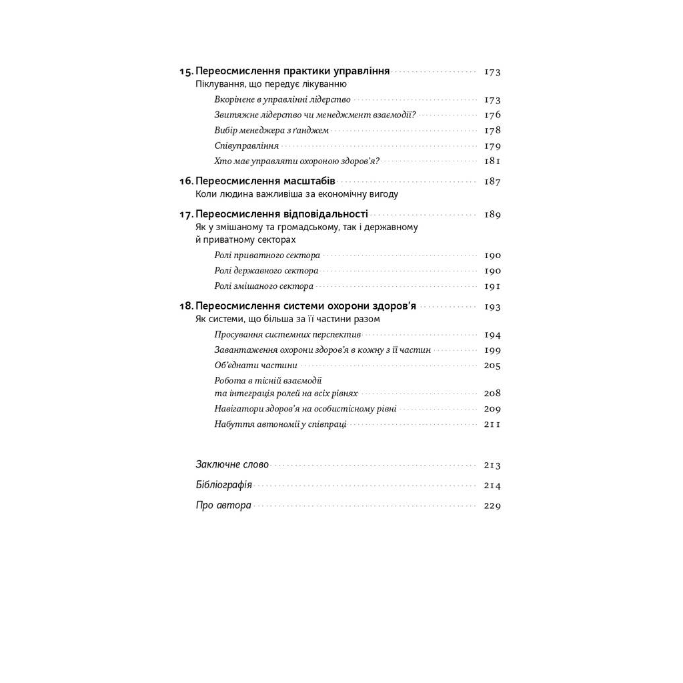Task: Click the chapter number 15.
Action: point(186,71)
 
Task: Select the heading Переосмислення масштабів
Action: point(265,181)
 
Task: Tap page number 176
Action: point(492,115)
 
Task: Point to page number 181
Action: point(492,161)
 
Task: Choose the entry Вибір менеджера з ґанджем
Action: point(271,130)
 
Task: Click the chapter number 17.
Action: point(186,214)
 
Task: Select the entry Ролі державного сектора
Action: point(266,271)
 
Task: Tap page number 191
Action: point(492,286)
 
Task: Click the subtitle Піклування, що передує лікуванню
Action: point(271,84)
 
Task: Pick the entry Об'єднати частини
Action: point(256,366)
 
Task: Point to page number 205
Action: point(492,366)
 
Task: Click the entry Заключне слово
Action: point(232,464)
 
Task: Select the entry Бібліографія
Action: point(223,485)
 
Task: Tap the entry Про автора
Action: point(223,505)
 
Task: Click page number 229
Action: point(492,506)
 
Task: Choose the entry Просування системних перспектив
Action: point(287,335)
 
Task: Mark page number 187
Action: point(492,181)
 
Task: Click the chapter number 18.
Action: point(186,306)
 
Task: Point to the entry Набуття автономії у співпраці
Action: point(280,424)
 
